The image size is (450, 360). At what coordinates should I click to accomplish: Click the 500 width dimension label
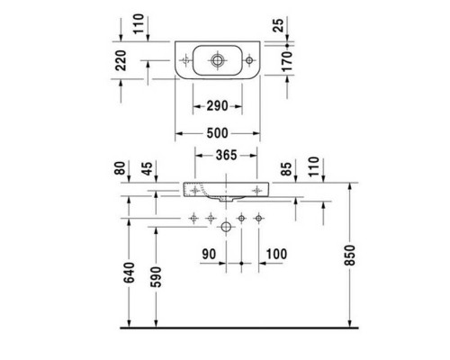pyautogui.click(x=218, y=133)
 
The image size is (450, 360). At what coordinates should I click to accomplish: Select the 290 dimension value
pyautogui.click(x=218, y=106)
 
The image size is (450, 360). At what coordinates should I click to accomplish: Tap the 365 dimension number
pyautogui.click(x=227, y=155)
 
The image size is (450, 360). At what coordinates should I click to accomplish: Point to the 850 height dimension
pyautogui.click(x=350, y=255)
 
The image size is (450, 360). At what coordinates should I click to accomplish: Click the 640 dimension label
pyautogui.click(x=130, y=273)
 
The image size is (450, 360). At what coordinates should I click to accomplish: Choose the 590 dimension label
pyautogui.click(x=156, y=276)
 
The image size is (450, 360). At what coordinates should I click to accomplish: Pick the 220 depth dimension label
pyautogui.click(x=121, y=60)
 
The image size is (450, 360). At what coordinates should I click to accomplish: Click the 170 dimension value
pyautogui.click(x=287, y=61)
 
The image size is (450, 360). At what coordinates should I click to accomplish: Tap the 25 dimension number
pyautogui.click(x=279, y=25)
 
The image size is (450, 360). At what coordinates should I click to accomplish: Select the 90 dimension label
pyautogui.click(x=209, y=254)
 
